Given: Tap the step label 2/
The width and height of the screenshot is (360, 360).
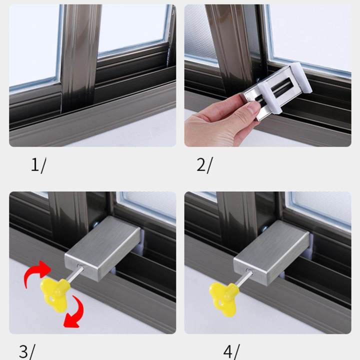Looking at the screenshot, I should pyautogui.click(x=204, y=165).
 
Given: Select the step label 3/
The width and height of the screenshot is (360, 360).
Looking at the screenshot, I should pyautogui.click(x=26, y=351).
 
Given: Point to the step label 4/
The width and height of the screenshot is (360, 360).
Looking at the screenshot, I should pyautogui.click(x=231, y=351).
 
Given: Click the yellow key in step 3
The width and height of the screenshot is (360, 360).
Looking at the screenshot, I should pyautogui.click(x=53, y=294).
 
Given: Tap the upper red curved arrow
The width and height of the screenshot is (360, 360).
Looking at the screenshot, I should pyautogui.click(x=36, y=272).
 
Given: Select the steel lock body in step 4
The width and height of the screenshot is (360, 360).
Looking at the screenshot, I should pyautogui.click(x=272, y=252).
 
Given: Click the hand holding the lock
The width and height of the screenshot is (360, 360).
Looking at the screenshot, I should pyautogui.click(x=215, y=125).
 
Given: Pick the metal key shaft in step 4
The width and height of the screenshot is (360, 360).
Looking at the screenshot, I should pyautogui.click(x=245, y=278).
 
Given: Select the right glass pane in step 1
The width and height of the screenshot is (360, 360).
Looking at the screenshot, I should pyautogui.click(x=132, y=27).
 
